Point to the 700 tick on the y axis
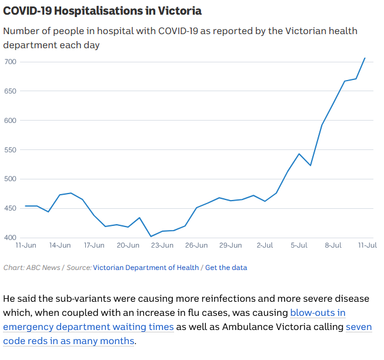(x=11, y=62)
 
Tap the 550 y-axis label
(x=11, y=150)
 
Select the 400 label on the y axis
(x=11, y=238)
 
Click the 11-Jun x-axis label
(x=26, y=245)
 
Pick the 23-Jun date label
(x=162, y=245)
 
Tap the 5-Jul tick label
(x=299, y=245)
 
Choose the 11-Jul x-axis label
(x=367, y=245)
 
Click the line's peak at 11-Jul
(x=365, y=58)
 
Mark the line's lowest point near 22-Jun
(x=151, y=236)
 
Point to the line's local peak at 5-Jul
(x=299, y=154)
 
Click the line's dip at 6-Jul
(x=310, y=165)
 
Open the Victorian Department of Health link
(x=146, y=268)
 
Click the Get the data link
(x=226, y=268)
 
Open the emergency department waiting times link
(x=88, y=326)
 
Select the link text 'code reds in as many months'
(x=69, y=341)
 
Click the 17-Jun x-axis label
(x=94, y=245)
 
